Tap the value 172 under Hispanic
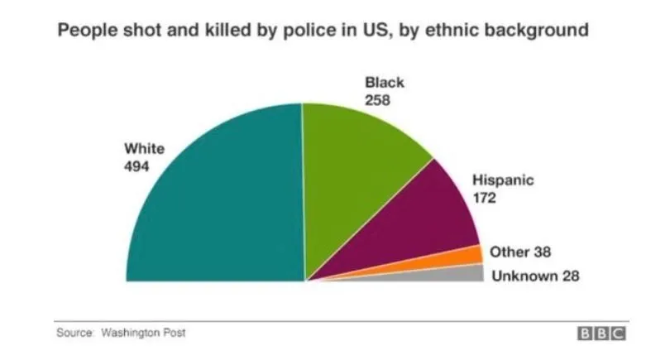pyautogui.click(x=485, y=198)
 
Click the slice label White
pyautogui.click(x=144, y=149)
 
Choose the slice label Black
pyautogui.click(x=385, y=83)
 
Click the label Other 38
pyautogui.click(x=520, y=252)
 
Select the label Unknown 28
pyautogui.click(x=535, y=276)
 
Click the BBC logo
pyautogui.click(x=601, y=334)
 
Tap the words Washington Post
pyautogui.click(x=143, y=333)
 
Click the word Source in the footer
pyautogui.click(x=73, y=333)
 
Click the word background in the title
pyautogui.click(x=539, y=31)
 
